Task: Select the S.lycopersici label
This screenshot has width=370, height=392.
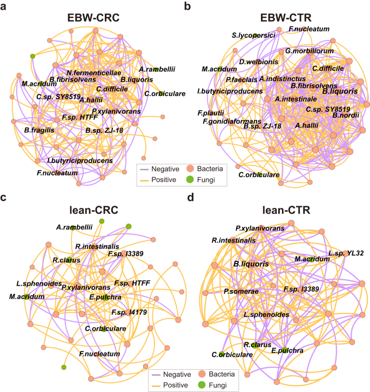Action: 253,36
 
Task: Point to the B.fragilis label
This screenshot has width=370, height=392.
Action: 41,130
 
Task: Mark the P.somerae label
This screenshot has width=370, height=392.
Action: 241,292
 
